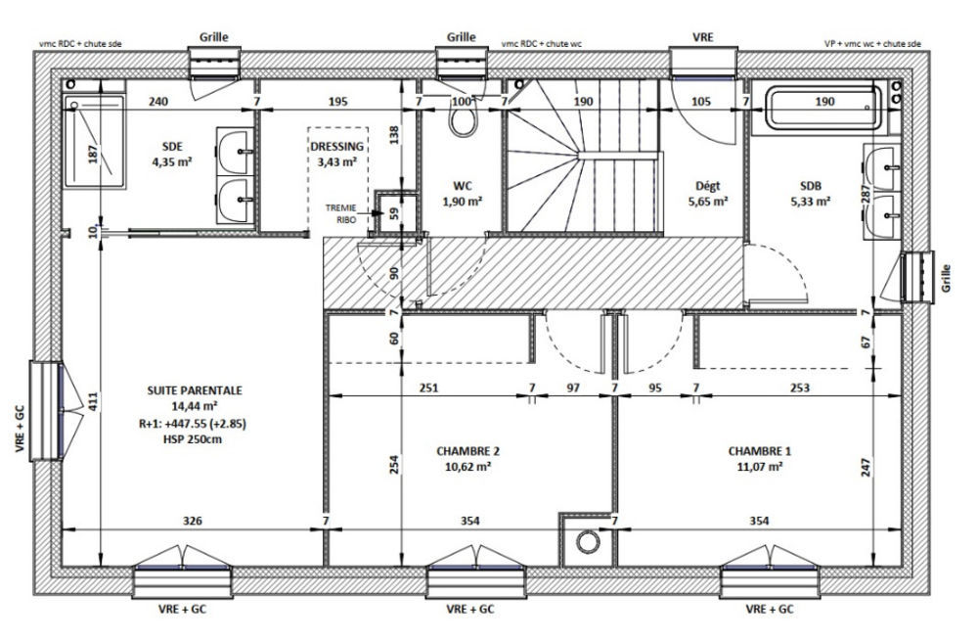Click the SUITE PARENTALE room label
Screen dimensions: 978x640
pyautogui.click(x=194, y=390)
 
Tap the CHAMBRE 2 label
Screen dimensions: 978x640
pyautogui.click(x=467, y=451)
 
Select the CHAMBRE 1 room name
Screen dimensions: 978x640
pyautogui.click(x=759, y=451)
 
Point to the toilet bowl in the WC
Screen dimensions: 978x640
pyautogui.click(x=463, y=116)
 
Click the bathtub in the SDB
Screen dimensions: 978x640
pyautogui.click(x=823, y=108)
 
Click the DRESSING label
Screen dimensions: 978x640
pyautogui.click(x=336, y=147)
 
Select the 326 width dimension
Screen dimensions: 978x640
pyautogui.click(x=192, y=520)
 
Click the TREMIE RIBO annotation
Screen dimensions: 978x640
pyautogui.click(x=340, y=213)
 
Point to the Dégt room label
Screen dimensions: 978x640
pyautogui.click(x=708, y=186)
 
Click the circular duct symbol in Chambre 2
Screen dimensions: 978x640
pyautogui.click(x=587, y=542)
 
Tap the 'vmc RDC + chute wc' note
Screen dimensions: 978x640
pyautogui.click(x=542, y=44)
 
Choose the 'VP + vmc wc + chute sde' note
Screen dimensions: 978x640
pyautogui.click(x=872, y=44)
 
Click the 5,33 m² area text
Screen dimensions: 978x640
pyautogui.click(x=810, y=201)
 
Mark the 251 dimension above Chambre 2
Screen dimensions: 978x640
pyautogui.click(x=428, y=388)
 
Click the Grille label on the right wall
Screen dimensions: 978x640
pyautogui.click(x=947, y=278)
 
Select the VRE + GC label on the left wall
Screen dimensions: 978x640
pyautogui.click(x=20, y=429)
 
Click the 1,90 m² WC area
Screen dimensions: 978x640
pyautogui.click(x=463, y=201)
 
